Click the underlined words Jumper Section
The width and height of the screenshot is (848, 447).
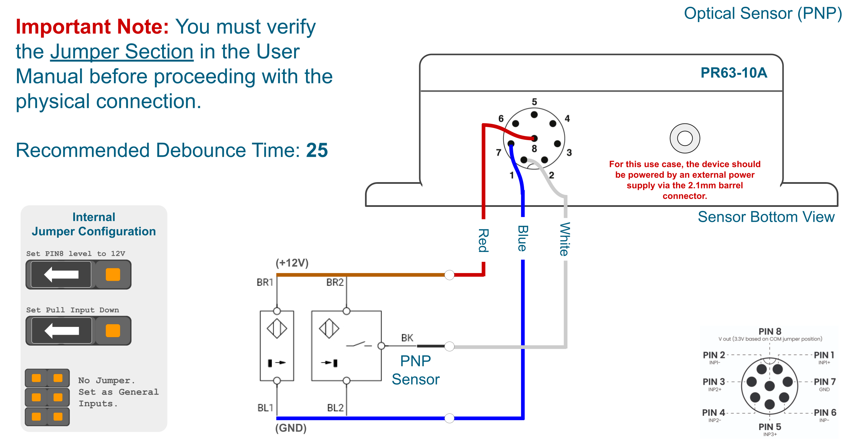[x=122, y=52]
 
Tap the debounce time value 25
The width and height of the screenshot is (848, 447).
[x=317, y=150]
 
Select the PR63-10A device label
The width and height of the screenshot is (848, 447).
[x=734, y=73]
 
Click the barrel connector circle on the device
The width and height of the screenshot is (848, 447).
[x=685, y=138]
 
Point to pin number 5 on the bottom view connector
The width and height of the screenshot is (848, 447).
[x=534, y=102]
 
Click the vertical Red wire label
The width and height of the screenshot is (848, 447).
[x=483, y=240]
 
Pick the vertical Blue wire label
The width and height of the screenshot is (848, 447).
[x=522, y=238]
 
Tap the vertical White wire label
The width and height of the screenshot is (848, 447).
[x=564, y=239]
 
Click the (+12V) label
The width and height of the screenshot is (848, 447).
[x=292, y=263]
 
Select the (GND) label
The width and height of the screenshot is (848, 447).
[x=291, y=428]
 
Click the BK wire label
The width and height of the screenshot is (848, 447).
[x=407, y=338]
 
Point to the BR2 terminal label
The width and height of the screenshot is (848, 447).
[x=335, y=283]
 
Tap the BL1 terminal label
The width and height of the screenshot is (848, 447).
[x=265, y=408]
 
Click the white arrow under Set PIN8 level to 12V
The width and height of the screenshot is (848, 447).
[x=61, y=274]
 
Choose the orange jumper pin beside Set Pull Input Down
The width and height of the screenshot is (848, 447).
[x=113, y=331]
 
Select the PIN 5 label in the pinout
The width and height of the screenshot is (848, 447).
[x=770, y=427]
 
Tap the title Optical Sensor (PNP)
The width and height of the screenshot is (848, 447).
[x=763, y=14]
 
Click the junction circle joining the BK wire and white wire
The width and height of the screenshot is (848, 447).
[x=449, y=346]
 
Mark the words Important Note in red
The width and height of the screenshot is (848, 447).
[x=92, y=27]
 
